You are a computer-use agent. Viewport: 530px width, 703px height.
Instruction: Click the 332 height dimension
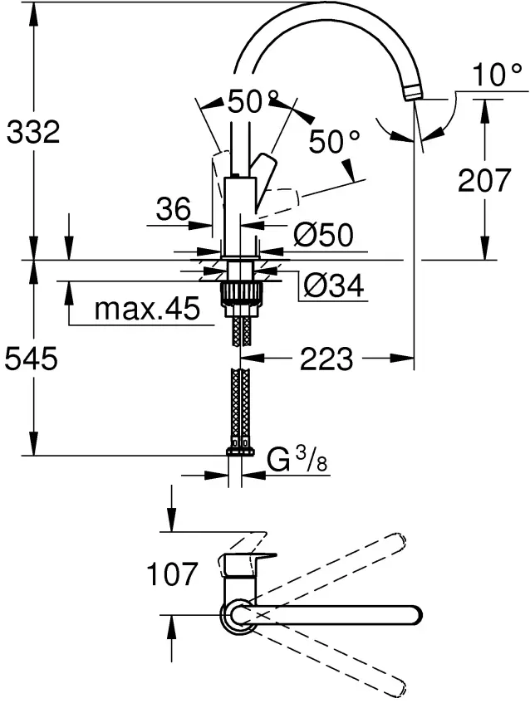click(x=33, y=132)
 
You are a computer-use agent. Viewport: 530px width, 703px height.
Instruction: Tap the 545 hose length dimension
click(x=31, y=359)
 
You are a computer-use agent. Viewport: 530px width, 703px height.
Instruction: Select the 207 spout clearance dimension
click(x=484, y=180)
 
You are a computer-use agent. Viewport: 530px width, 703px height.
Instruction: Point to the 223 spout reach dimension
click(x=326, y=359)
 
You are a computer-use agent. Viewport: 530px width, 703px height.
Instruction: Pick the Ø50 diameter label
click(x=323, y=234)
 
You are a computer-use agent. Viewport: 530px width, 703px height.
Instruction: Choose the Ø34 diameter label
click(x=333, y=286)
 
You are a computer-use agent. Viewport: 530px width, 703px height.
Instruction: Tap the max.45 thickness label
click(x=147, y=309)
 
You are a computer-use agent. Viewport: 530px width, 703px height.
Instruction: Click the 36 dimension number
click(x=174, y=209)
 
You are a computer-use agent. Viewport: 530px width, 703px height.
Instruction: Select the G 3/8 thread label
click(x=297, y=459)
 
